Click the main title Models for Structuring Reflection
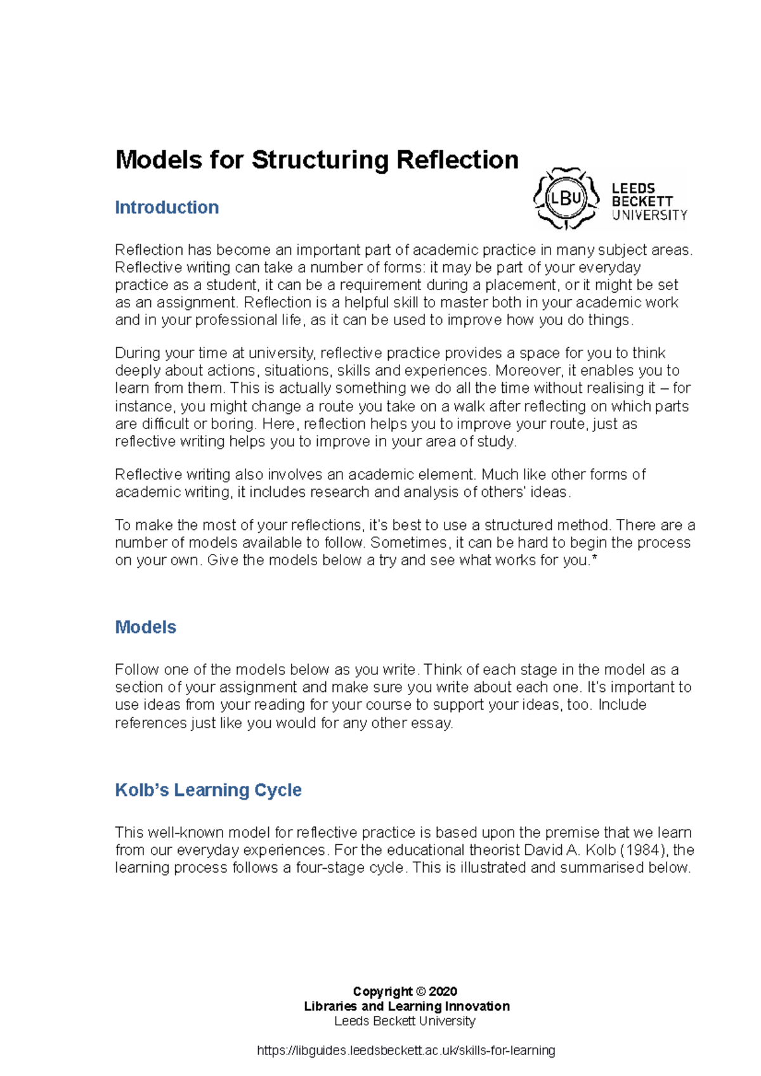[316, 160]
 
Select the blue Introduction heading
[167, 207]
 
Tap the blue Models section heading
[145, 627]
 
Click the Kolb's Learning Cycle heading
[208, 790]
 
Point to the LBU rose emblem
[566, 198]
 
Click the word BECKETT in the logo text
[642, 202]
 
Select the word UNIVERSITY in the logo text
[649, 215]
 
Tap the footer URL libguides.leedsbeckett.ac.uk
[406, 1051]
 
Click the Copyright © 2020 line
[405, 991]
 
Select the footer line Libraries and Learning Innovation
[407, 1006]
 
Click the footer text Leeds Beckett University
[405, 1021]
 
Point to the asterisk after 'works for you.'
[594, 559]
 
